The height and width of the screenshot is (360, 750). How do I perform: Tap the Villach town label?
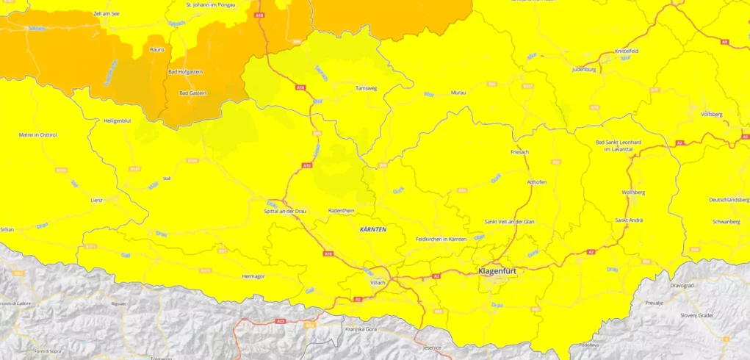pyautogui.click(x=378, y=281)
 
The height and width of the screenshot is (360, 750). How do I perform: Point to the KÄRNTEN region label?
pyautogui.click(x=372, y=229)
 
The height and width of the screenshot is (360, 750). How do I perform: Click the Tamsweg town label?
pyautogui.click(x=366, y=87)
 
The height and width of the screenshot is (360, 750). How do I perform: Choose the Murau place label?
pyautogui.click(x=458, y=93)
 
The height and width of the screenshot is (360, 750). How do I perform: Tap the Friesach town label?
pyautogui.click(x=519, y=151)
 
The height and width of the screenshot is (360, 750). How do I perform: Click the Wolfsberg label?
pyautogui.click(x=633, y=192)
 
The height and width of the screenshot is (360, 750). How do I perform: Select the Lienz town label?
pyautogui.click(x=97, y=199)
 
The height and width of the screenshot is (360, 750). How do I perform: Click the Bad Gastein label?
pyautogui.click(x=193, y=93)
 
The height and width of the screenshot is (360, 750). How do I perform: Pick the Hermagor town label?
pyautogui.click(x=253, y=276)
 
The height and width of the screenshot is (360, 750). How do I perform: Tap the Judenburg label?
pyautogui.click(x=585, y=70)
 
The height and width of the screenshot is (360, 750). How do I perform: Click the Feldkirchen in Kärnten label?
pyautogui.click(x=441, y=240)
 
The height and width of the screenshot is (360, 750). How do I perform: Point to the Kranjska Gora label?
pyautogui.click(x=361, y=329)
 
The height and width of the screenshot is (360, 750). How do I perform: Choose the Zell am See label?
pyautogui.click(x=107, y=14)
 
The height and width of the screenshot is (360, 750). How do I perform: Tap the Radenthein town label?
pyautogui.click(x=341, y=210)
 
